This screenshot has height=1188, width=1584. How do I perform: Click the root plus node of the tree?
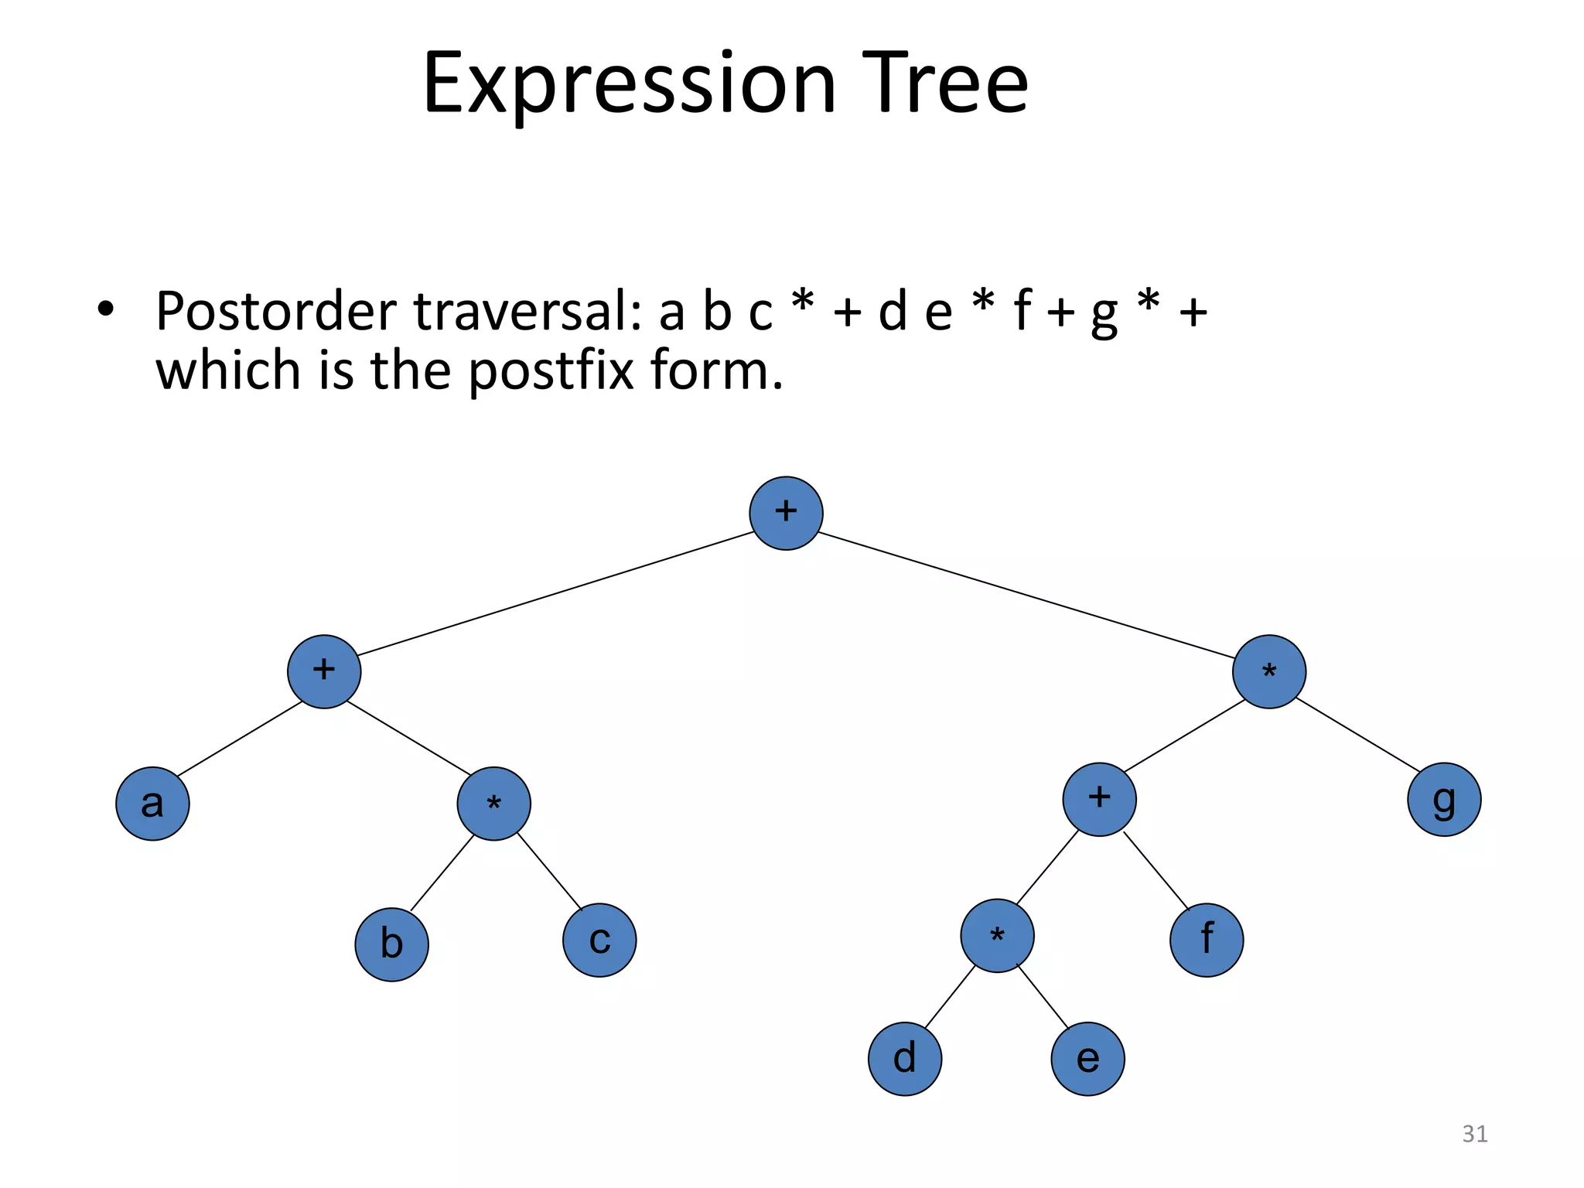click(x=786, y=514)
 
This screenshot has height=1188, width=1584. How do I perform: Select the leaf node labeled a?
click(x=152, y=804)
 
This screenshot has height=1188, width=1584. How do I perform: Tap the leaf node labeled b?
click(x=391, y=944)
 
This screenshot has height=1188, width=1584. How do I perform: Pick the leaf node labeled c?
click(x=599, y=940)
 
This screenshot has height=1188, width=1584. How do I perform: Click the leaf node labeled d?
click(x=905, y=1059)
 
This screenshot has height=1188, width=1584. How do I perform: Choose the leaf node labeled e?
click(x=1087, y=1059)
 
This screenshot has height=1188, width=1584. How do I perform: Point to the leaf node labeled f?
click(x=1207, y=940)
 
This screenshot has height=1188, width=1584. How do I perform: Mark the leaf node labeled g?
click(x=1444, y=800)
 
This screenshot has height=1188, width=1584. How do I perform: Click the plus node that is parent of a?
click(x=324, y=671)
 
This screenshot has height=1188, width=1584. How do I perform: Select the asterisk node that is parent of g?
click(x=1269, y=671)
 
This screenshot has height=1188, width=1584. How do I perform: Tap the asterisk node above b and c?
click(x=493, y=804)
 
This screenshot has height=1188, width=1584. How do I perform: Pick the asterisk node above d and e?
click(x=997, y=936)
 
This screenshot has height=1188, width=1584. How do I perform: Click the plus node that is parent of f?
click(x=1099, y=800)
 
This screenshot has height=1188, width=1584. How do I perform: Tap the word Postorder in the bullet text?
click(x=276, y=311)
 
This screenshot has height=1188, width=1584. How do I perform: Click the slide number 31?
click(x=1474, y=1134)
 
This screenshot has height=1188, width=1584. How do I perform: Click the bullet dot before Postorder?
click(x=106, y=310)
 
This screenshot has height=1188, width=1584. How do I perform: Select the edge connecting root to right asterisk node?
click(x=1027, y=596)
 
